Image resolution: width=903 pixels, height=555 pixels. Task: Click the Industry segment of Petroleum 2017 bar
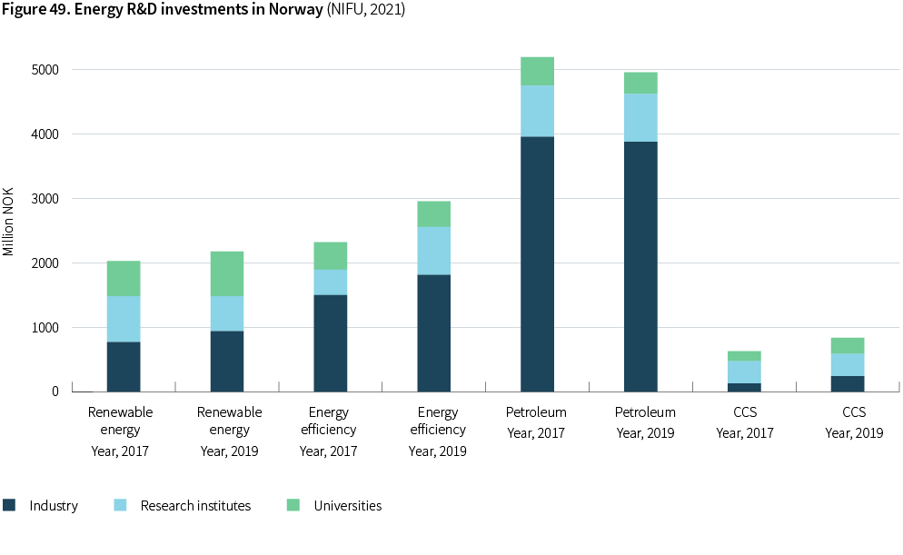click(x=537, y=263)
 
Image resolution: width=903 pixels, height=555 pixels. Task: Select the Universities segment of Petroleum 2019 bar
click(x=640, y=83)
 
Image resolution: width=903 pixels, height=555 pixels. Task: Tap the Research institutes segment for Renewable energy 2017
click(x=124, y=319)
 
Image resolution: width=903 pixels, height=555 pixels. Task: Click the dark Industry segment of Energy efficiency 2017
click(x=330, y=342)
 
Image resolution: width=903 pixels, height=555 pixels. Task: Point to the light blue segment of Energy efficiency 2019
click(x=433, y=251)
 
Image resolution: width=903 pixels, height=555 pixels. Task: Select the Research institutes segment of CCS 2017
click(x=744, y=372)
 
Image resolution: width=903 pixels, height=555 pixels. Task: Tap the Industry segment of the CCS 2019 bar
click(x=848, y=383)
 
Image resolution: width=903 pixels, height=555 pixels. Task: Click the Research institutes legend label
click(x=195, y=506)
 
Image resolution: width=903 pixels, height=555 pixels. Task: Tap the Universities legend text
click(x=348, y=506)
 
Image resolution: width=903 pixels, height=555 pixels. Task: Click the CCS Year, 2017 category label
click(x=745, y=422)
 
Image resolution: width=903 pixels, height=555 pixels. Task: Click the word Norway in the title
click(x=293, y=10)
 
